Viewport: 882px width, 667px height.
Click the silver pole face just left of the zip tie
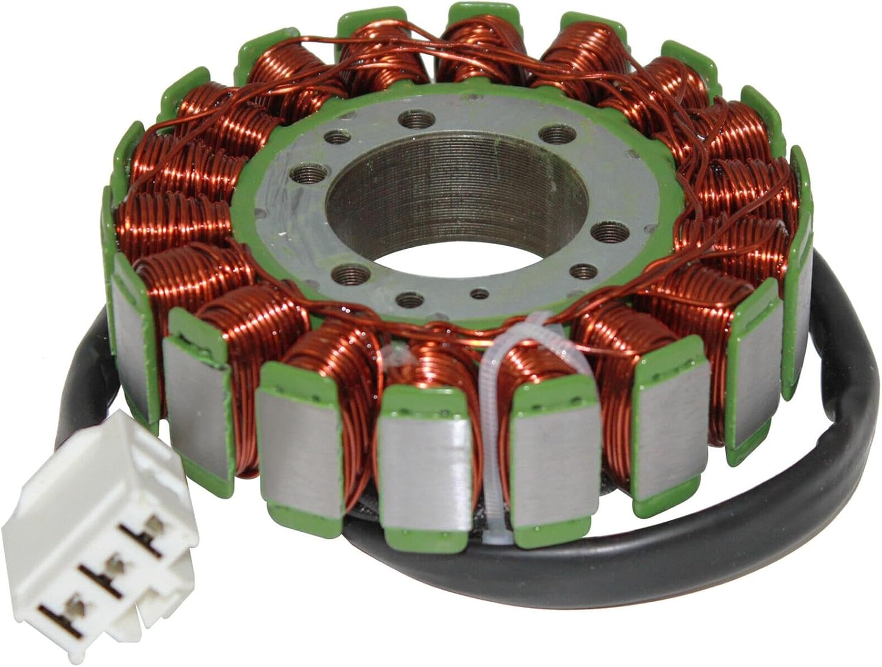tap(425, 465)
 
